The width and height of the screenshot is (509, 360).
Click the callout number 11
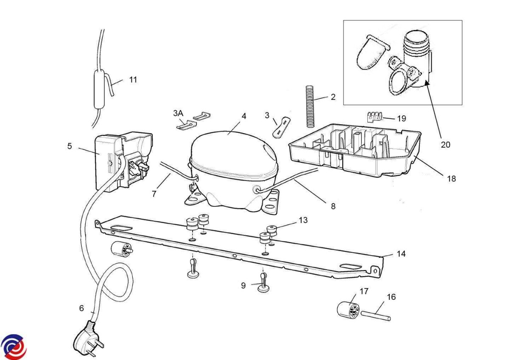(x=133, y=80)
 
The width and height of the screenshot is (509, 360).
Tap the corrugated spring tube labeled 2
(x=310, y=106)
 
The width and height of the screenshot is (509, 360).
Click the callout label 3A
(x=178, y=113)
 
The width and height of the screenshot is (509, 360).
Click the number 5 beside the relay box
(x=70, y=146)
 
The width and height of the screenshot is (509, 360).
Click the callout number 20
(x=445, y=145)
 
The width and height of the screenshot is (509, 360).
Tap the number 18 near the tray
(x=451, y=179)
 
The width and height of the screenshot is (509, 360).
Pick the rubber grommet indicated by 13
(x=272, y=230)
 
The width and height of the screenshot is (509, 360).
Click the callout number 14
(x=401, y=254)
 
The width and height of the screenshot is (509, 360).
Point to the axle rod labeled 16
(x=376, y=315)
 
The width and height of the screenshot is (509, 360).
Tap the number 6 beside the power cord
(x=81, y=308)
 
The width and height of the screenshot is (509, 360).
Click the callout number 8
(x=333, y=206)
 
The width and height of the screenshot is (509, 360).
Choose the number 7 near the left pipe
(x=154, y=193)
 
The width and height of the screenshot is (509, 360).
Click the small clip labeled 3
(x=282, y=126)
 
